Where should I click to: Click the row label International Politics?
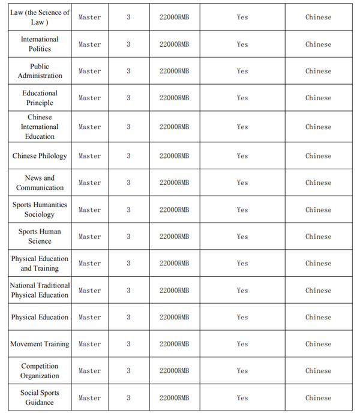(40, 44)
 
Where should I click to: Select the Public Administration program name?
(40, 71)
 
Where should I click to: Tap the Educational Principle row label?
(40, 98)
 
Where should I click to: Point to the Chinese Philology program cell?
(40, 156)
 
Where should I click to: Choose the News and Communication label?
(40, 182)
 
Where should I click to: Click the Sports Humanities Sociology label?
(40, 210)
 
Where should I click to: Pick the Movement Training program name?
(40, 344)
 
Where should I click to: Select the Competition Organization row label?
(40, 371)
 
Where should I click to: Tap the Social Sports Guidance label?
(40, 397)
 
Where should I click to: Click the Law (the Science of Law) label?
(40, 17)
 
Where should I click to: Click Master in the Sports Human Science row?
(89, 237)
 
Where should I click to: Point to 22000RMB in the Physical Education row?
(174, 317)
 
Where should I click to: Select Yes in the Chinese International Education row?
(242, 127)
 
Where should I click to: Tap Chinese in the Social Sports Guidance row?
(318, 397)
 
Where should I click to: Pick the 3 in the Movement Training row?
(128, 344)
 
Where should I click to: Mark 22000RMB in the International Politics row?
(174, 44)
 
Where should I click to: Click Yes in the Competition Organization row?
(242, 371)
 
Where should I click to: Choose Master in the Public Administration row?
(89, 71)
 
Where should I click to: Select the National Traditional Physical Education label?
(40, 291)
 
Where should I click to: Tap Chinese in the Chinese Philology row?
(318, 156)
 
